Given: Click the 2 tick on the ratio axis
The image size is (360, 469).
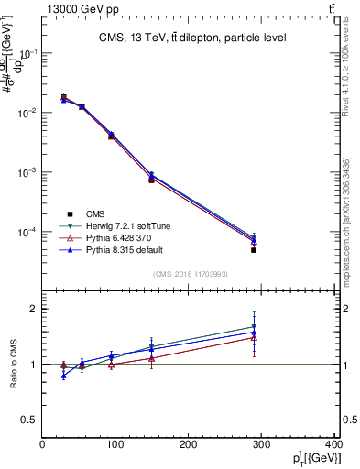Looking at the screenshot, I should [34, 309].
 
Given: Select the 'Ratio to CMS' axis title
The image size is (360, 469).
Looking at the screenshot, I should [16, 364].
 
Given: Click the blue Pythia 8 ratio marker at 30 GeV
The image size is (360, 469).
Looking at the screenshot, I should [63, 376].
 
